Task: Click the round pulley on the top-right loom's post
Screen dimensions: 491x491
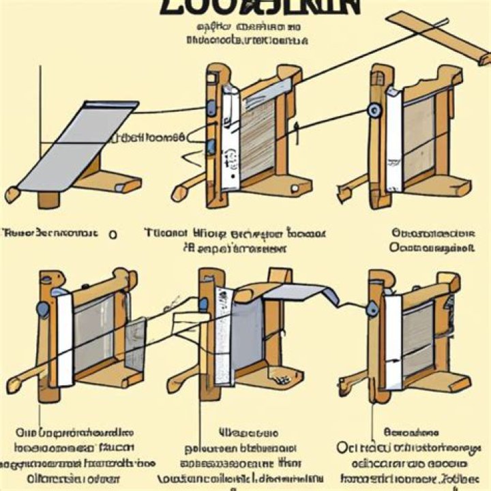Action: pyautogui.click(x=374, y=110)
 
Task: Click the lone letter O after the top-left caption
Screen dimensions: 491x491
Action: pyautogui.click(x=112, y=234)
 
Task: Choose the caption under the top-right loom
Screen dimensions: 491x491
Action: pyautogui.click(x=432, y=241)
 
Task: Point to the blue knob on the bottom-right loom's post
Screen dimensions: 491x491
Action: pyautogui.click(x=372, y=308)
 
